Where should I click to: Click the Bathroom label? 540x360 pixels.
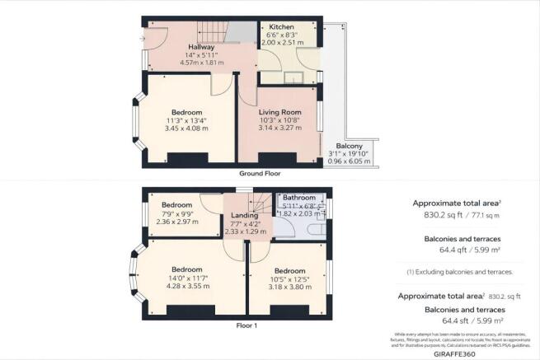pos(299,199)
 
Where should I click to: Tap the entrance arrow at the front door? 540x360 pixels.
pos(145,37)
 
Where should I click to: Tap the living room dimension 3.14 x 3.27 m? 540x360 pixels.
pos(279,129)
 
